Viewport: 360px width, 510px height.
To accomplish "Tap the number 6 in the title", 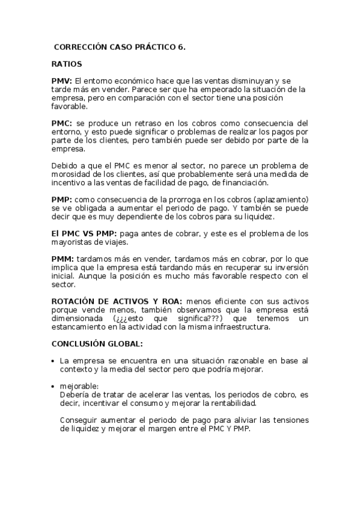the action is (182, 46).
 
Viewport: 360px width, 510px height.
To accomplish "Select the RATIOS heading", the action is (67, 63).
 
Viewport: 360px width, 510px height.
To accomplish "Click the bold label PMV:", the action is (62, 81).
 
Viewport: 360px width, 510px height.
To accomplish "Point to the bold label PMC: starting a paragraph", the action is (62, 123).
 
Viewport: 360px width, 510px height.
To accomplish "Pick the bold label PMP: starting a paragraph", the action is (62, 199).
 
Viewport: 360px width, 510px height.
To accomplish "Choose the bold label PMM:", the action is (63, 259).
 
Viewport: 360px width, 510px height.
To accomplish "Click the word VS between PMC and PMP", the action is (95, 233).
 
